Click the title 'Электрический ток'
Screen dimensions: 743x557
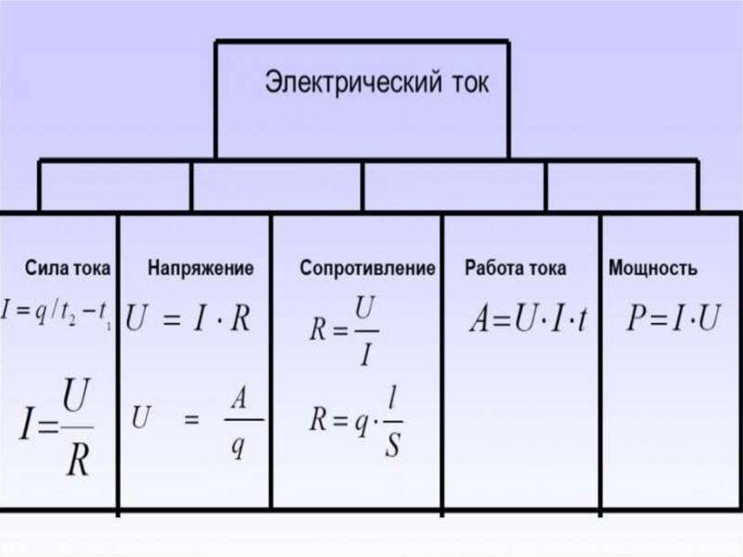(x=376, y=82)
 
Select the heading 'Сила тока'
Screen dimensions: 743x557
(x=68, y=268)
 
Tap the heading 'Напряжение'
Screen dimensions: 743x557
(x=201, y=268)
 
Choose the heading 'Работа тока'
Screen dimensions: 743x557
(x=516, y=268)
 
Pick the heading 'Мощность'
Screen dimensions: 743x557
(x=654, y=268)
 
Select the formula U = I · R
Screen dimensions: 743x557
(x=188, y=318)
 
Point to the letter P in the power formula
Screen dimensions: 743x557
(x=636, y=320)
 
